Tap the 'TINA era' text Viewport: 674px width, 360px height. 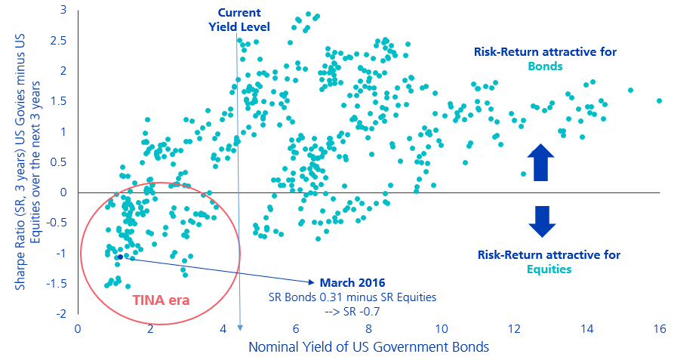pyautogui.click(x=161, y=299)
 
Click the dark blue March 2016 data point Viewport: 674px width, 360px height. pyautogui.click(x=119, y=257)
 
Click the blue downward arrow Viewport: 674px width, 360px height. pyautogui.click(x=541, y=221)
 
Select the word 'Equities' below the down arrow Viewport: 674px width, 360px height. pyautogui.click(x=549, y=269)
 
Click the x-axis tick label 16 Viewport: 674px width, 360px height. pyautogui.click(x=659, y=329)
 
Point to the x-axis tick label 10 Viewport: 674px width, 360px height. pyautogui.click(x=441, y=329)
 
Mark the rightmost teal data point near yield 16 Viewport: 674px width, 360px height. pyautogui.click(x=659, y=100)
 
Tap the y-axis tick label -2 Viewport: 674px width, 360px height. pyautogui.click(x=61, y=313)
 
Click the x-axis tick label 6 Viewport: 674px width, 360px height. pyautogui.click(x=296, y=329)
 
